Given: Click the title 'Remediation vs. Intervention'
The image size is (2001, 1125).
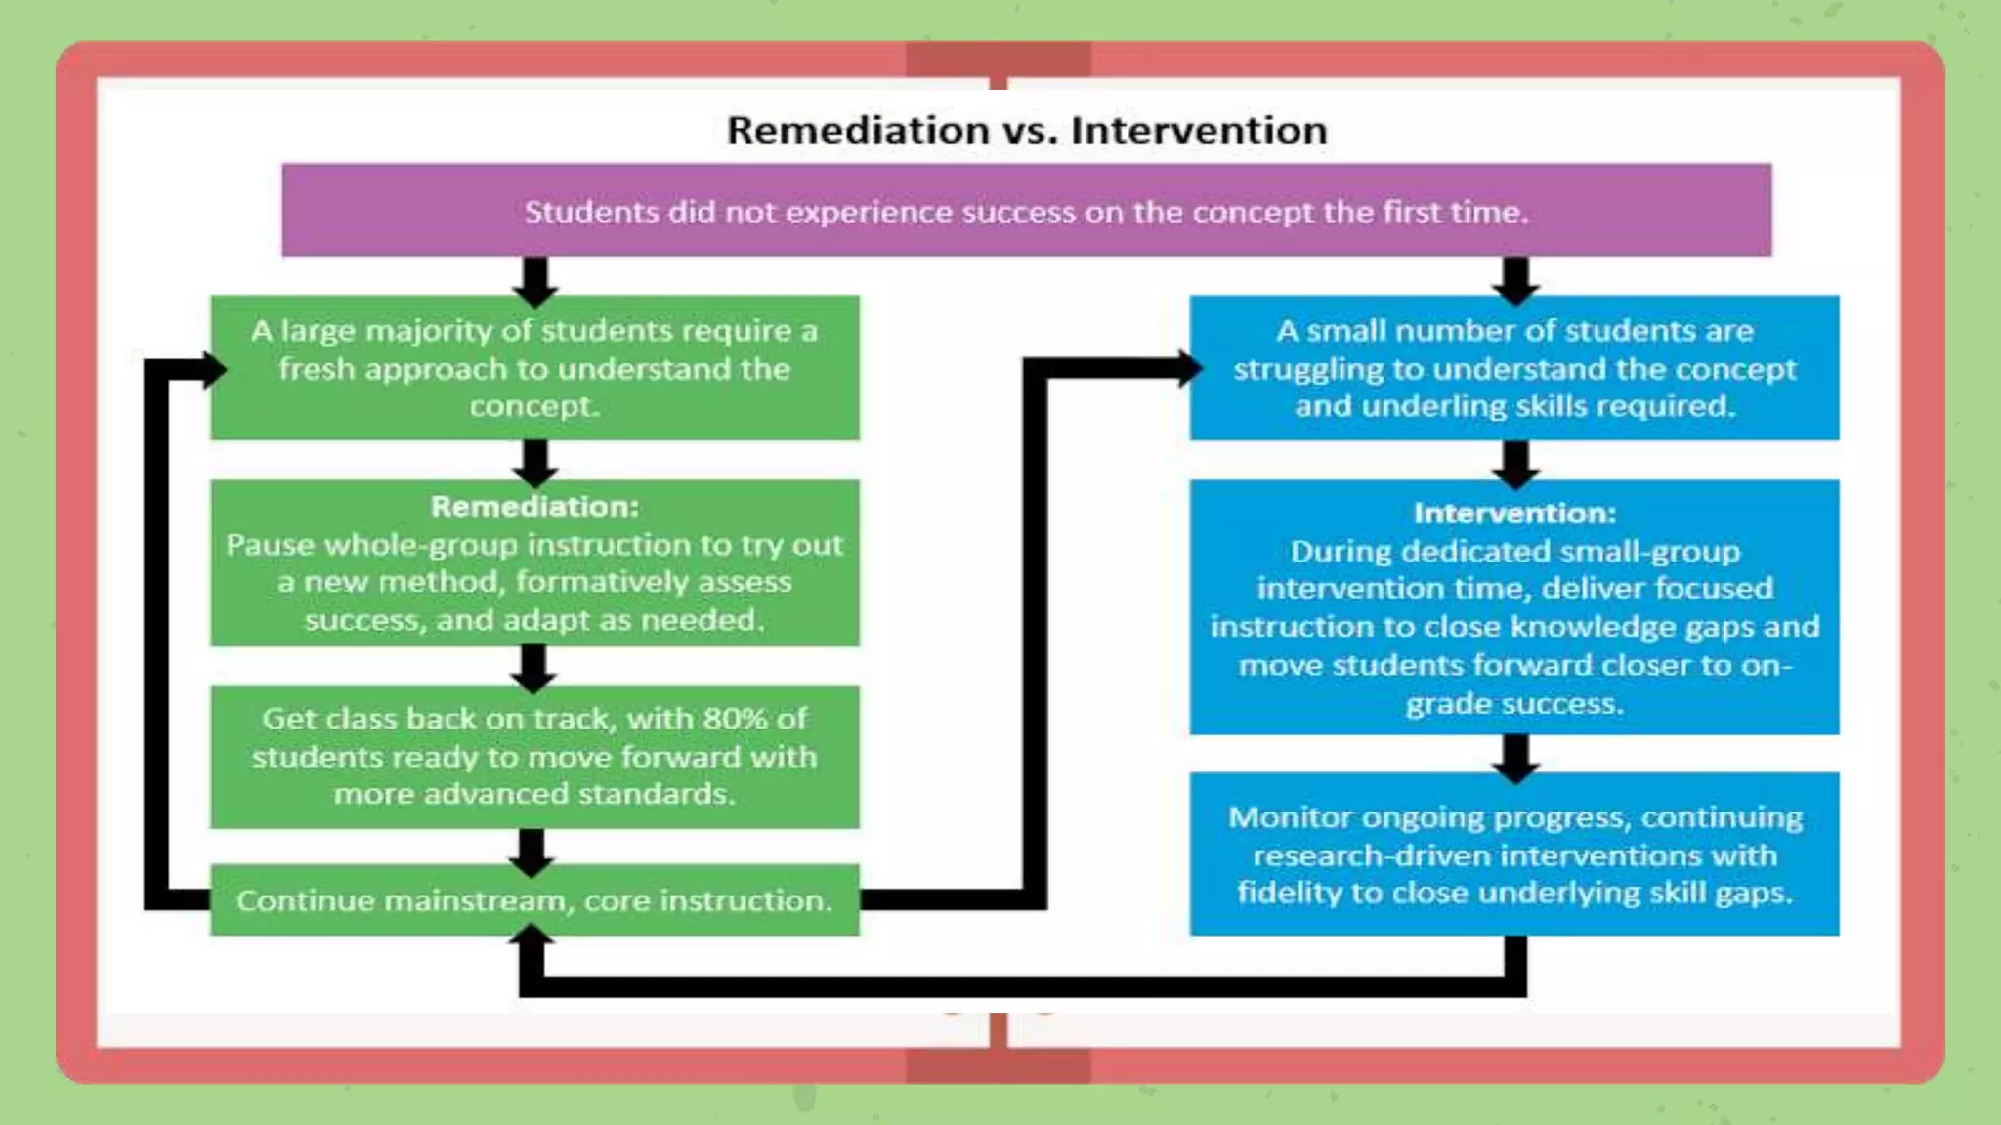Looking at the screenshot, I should click(1026, 130).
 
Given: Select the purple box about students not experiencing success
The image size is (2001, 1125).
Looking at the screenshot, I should click(1026, 211).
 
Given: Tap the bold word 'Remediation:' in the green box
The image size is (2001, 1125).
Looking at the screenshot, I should click(534, 506).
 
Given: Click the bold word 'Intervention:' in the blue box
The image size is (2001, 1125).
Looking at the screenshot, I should click(1514, 513).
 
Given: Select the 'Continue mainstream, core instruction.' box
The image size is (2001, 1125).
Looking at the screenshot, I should click(534, 899).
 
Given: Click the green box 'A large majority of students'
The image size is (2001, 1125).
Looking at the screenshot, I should click(534, 367).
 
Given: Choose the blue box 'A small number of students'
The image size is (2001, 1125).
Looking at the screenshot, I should click(1514, 367).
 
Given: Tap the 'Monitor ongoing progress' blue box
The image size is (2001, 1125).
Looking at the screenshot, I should click(1514, 854).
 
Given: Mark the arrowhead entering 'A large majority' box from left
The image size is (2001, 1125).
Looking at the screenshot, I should click(212, 369).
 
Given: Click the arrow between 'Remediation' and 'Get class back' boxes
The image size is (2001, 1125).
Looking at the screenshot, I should click(533, 668).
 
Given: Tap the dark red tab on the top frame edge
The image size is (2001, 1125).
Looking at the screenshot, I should click(998, 59).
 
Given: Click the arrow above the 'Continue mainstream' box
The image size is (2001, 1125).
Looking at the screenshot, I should click(532, 850).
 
